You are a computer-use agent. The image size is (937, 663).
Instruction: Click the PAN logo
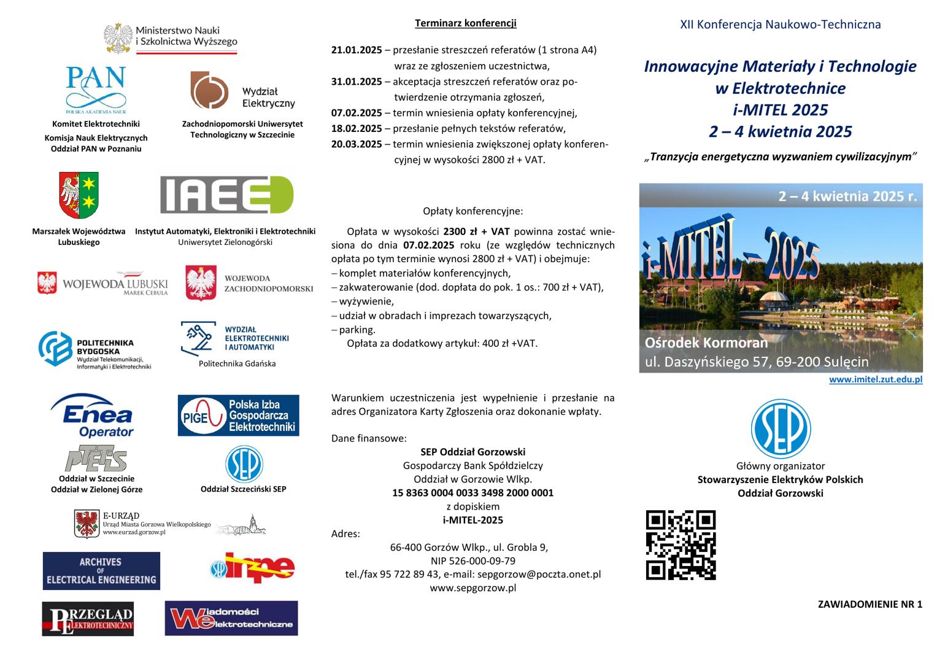96,90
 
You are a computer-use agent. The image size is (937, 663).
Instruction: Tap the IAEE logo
226,195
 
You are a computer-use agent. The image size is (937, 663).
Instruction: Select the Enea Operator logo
92,416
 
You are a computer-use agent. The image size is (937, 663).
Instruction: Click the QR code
681,545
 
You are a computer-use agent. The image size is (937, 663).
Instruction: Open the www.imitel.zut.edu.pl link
876,379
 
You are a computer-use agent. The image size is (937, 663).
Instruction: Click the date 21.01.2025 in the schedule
357,50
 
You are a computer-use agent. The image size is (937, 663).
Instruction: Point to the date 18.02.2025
357,128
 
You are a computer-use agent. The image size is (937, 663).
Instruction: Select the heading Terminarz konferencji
466,23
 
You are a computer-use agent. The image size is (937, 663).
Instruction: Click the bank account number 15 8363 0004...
472,492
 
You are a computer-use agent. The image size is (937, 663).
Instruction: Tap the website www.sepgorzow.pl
472,587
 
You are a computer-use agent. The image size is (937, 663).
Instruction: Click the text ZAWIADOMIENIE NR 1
870,604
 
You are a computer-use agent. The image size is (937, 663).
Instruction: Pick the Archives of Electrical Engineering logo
101,571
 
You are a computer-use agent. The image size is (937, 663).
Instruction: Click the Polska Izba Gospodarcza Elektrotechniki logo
238,416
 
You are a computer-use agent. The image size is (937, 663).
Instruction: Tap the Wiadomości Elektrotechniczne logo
231,618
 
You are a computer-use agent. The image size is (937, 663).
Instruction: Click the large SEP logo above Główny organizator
781,428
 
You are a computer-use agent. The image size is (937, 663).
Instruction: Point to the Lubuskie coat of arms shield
79,195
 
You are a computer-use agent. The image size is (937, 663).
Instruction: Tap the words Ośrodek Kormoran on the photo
706,343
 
